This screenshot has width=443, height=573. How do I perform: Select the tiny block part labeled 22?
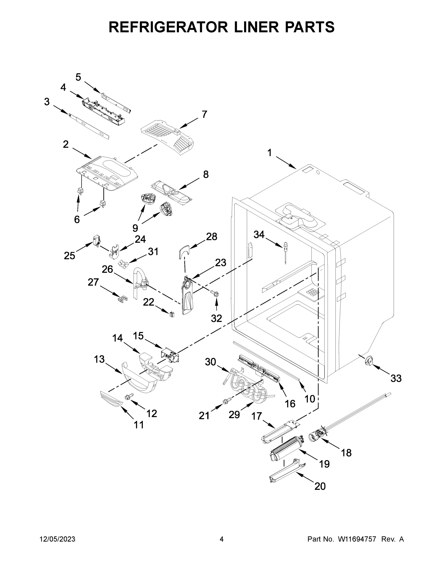tap(172, 314)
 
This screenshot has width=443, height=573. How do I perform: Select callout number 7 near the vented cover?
tap(204, 114)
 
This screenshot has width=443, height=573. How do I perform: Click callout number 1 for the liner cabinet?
tap(270, 153)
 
